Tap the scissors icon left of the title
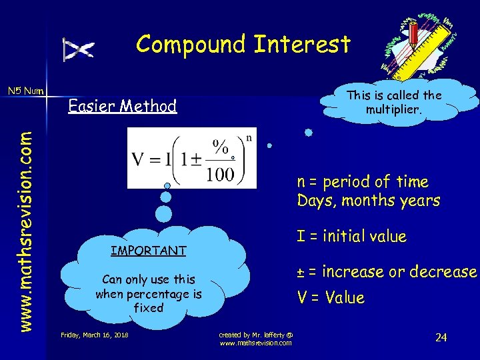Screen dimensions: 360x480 (79, 49)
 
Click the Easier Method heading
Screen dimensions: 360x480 (123, 106)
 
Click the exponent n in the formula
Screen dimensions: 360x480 (249, 138)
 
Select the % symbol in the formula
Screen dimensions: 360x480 (219, 146)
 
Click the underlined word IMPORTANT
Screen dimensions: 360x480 (148, 251)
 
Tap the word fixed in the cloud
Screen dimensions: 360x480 (148, 308)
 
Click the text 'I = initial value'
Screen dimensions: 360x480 (351, 236)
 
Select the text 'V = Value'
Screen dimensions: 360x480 (331, 297)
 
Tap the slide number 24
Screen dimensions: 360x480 (441, 337)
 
